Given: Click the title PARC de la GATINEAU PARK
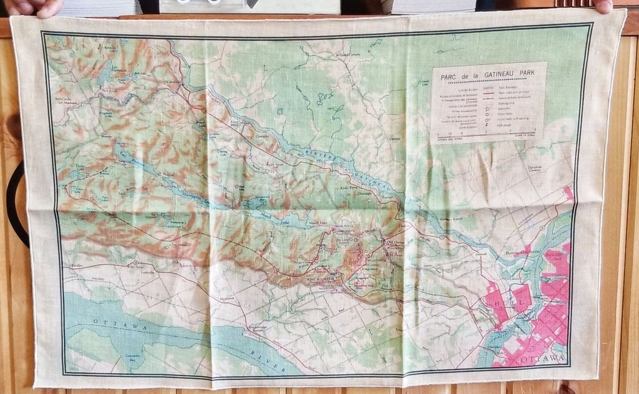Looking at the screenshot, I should pos(488,77).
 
